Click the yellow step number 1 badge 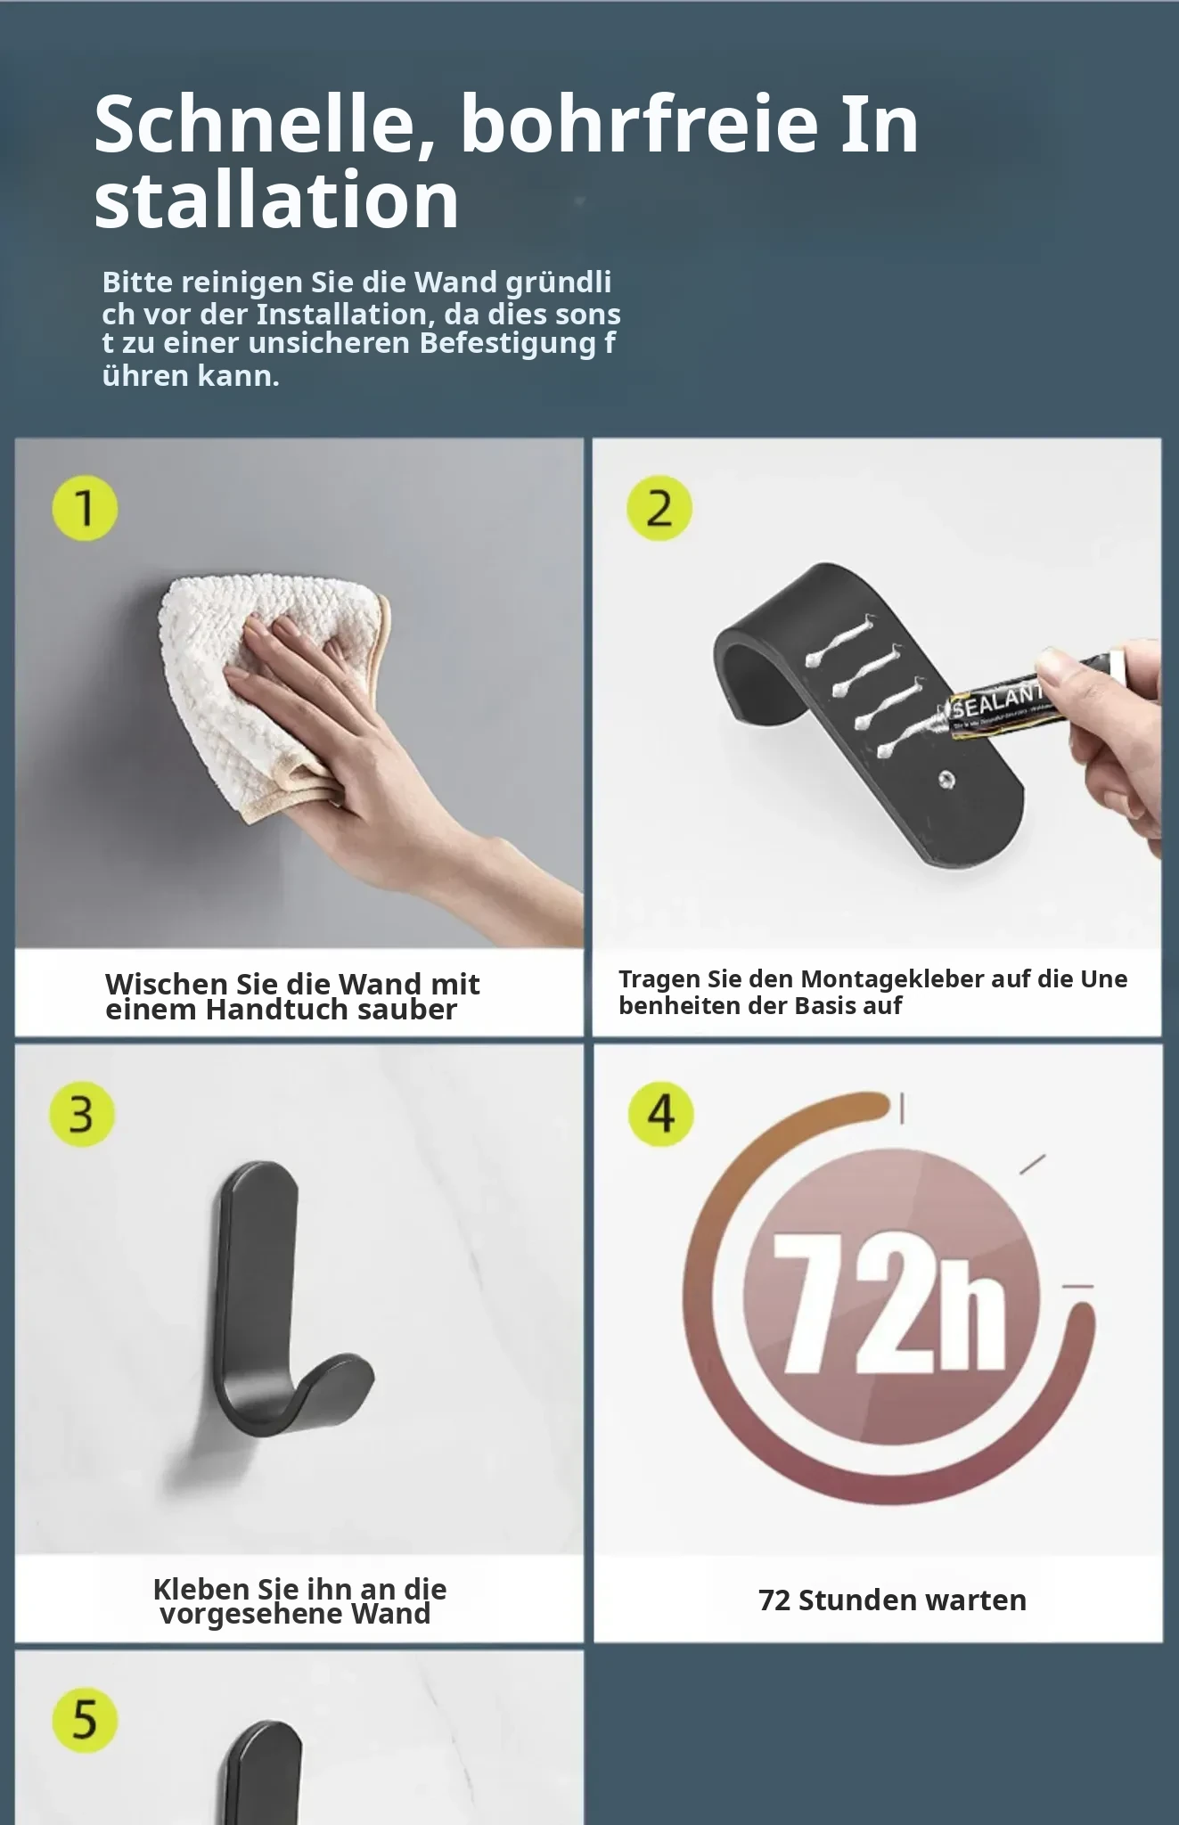[85, 508]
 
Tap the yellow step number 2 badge [659, 508]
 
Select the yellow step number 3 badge [82, 1114]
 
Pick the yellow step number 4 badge [660, 1114]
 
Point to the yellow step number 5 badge [85, 1720]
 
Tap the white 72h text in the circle [891, 1301]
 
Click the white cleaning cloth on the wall [267, 691]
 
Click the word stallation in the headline [276, 201]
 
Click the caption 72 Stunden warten [892, 1600]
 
